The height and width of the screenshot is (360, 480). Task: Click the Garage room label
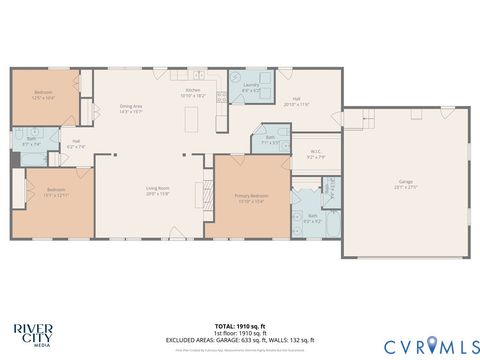tap(406, 185)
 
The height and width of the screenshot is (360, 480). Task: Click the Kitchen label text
tap(192, 92)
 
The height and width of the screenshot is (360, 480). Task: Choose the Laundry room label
tap(250, 87)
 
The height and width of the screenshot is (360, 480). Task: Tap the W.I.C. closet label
tap(314, 155)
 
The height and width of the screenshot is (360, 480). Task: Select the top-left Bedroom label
tap(43, 95)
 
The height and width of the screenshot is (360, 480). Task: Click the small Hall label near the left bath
tap(75, 144)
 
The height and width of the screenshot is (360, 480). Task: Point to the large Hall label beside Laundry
tap(297, 102)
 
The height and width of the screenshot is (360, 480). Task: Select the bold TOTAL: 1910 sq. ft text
tap(239, 326)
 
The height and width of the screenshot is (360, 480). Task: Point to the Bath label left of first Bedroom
tap(30, 143)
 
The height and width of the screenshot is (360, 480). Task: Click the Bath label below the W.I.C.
tap(312, 218)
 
